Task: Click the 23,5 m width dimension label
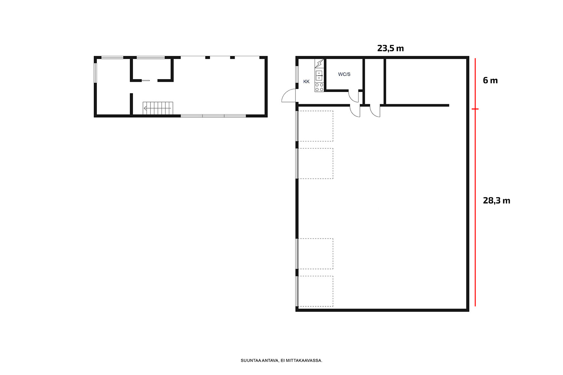[390, 48]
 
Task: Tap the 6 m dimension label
[490, 80]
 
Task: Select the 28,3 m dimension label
[497, 200]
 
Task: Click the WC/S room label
[344, 74]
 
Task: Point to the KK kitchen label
[306, 82]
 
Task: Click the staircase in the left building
[158, 108]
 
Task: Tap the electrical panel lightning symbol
[319, 63]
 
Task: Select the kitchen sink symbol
[319, 76]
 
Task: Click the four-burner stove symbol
[319, 87]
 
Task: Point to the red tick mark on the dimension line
[475, 109]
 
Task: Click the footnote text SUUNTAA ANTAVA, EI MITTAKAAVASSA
[281, 360]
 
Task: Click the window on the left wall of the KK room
[297, 74]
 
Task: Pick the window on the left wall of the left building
[95, 73]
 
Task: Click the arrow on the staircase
[157, 108]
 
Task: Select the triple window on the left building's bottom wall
[214, 116]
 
